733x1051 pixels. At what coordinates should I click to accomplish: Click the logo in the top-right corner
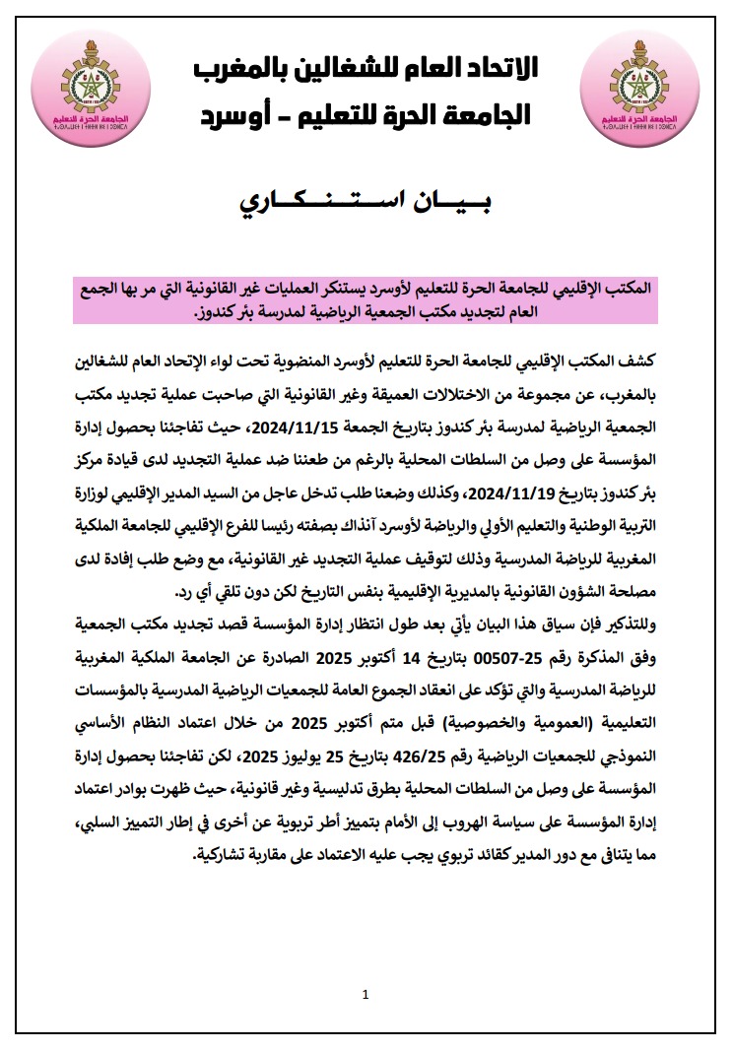click(643, 86)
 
